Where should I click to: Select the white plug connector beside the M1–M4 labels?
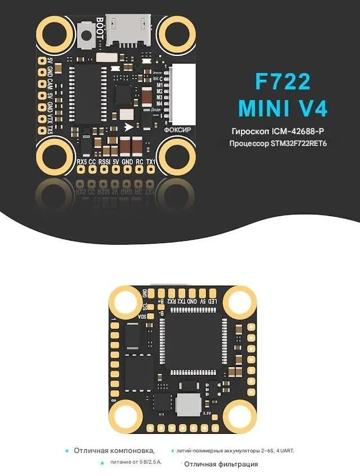click(x=184, y=94)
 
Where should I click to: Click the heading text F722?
click(x=282, y=82)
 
